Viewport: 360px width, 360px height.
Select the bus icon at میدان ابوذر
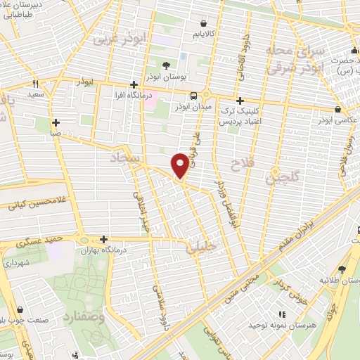coord(193,96)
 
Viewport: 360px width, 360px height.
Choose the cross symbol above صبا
coord(55,121)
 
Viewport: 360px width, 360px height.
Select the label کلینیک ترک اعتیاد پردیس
coord(240,117)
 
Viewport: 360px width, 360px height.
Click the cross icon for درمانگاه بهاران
coord(104,240)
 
